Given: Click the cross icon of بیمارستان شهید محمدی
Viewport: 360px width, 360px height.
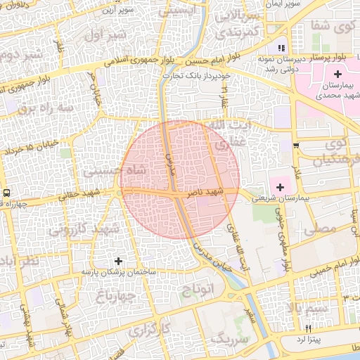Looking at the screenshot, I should (338, 74).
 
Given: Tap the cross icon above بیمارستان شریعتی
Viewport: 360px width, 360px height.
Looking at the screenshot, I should (281, 187).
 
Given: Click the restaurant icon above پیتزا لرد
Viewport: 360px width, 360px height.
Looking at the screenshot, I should (308, 328).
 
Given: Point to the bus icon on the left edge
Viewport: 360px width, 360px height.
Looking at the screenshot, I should (6, 193).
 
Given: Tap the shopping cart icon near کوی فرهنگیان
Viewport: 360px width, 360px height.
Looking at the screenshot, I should (296, 146).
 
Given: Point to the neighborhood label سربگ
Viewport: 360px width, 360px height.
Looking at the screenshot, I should (215, 340).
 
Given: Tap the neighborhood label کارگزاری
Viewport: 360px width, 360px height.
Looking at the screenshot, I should (164, 328).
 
